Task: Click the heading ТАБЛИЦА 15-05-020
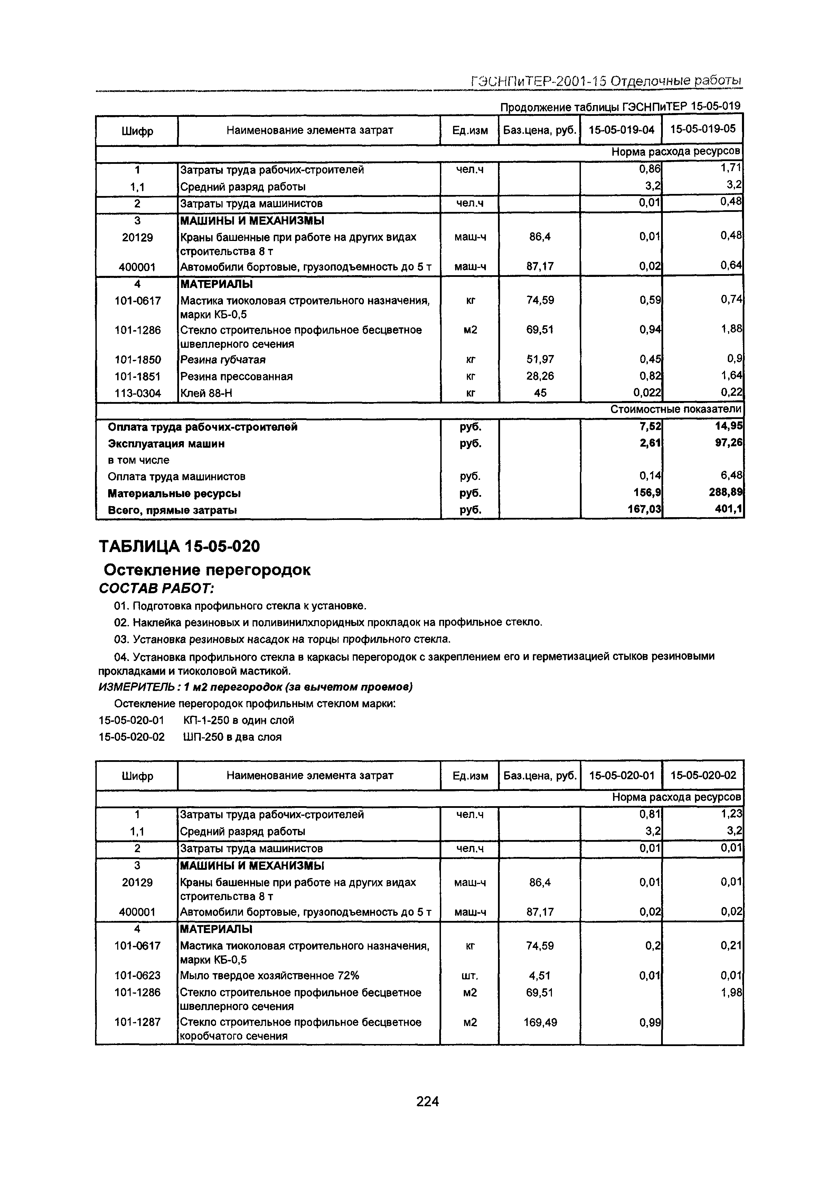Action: pyautogui.click(x=179, y=546)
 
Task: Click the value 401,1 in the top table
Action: pyautogui.click(x=731, y=510)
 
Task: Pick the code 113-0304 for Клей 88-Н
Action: pyautogui.click(x=138, y=393)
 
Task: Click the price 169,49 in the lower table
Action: pyautogui.click(x=540, y=1022)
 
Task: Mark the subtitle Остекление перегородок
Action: pyautogui.click(x=207, y=570)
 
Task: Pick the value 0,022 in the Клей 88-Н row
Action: pyautogui.click(x=647, y=393)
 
